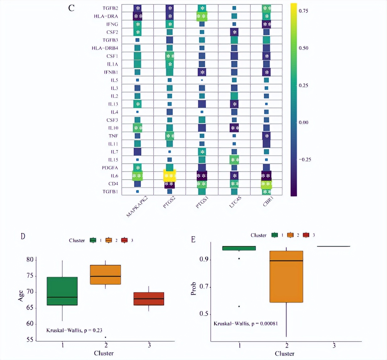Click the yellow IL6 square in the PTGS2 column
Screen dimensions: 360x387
[170, 176]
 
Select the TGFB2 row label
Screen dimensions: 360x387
[110, 8]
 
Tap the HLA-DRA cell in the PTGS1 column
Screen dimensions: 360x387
[202, 16]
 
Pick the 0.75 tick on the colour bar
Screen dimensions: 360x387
[303, 11]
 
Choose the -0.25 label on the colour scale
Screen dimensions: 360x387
[304, 160]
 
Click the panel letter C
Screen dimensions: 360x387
[71, 8]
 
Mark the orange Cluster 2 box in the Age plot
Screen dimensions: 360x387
[106, 275]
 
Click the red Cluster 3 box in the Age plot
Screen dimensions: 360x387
[149, 299]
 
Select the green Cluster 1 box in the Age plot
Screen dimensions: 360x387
[62, 291]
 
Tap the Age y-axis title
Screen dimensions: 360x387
[21, 296]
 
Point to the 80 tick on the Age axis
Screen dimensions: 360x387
[30, 259]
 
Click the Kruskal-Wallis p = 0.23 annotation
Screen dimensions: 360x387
[74, 330]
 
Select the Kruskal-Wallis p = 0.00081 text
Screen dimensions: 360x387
[246, 324]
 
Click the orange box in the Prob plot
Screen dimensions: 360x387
[286, 276]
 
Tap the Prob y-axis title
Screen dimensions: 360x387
[193, 288]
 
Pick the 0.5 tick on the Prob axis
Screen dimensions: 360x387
[204, 314]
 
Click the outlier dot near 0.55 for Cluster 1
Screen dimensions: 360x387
[239, 306]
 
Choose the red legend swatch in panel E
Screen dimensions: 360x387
[306, 235]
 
